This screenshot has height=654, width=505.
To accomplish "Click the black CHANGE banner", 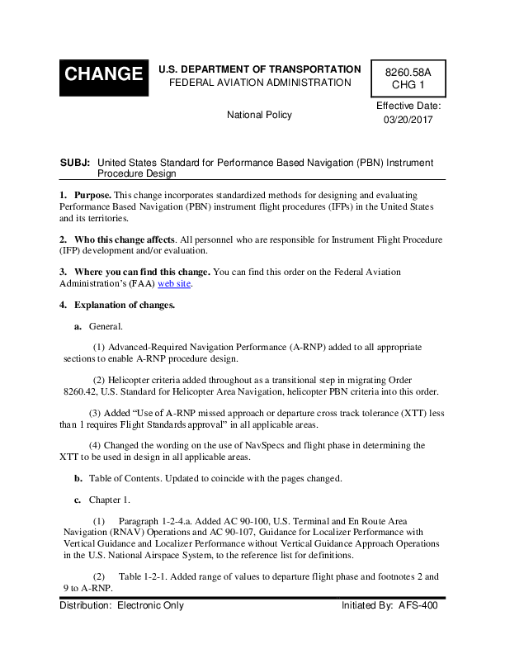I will tap(103, 73).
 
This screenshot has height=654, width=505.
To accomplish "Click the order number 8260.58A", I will tap(408, 72).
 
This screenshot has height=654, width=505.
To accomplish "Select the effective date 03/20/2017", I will tap(408, 120).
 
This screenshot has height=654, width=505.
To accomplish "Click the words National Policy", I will tap(259, 115).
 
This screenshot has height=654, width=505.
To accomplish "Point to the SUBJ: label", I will tap(75, 163).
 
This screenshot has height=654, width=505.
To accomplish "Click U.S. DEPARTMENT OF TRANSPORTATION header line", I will tap(259, 69).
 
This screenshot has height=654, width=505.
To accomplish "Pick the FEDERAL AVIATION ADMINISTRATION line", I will tap(259, 83).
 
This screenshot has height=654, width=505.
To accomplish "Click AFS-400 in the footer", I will tap(418, 605).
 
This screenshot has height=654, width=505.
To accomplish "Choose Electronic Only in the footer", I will tap(150, 605).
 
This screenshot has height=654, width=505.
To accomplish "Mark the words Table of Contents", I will tap(123, 478).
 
